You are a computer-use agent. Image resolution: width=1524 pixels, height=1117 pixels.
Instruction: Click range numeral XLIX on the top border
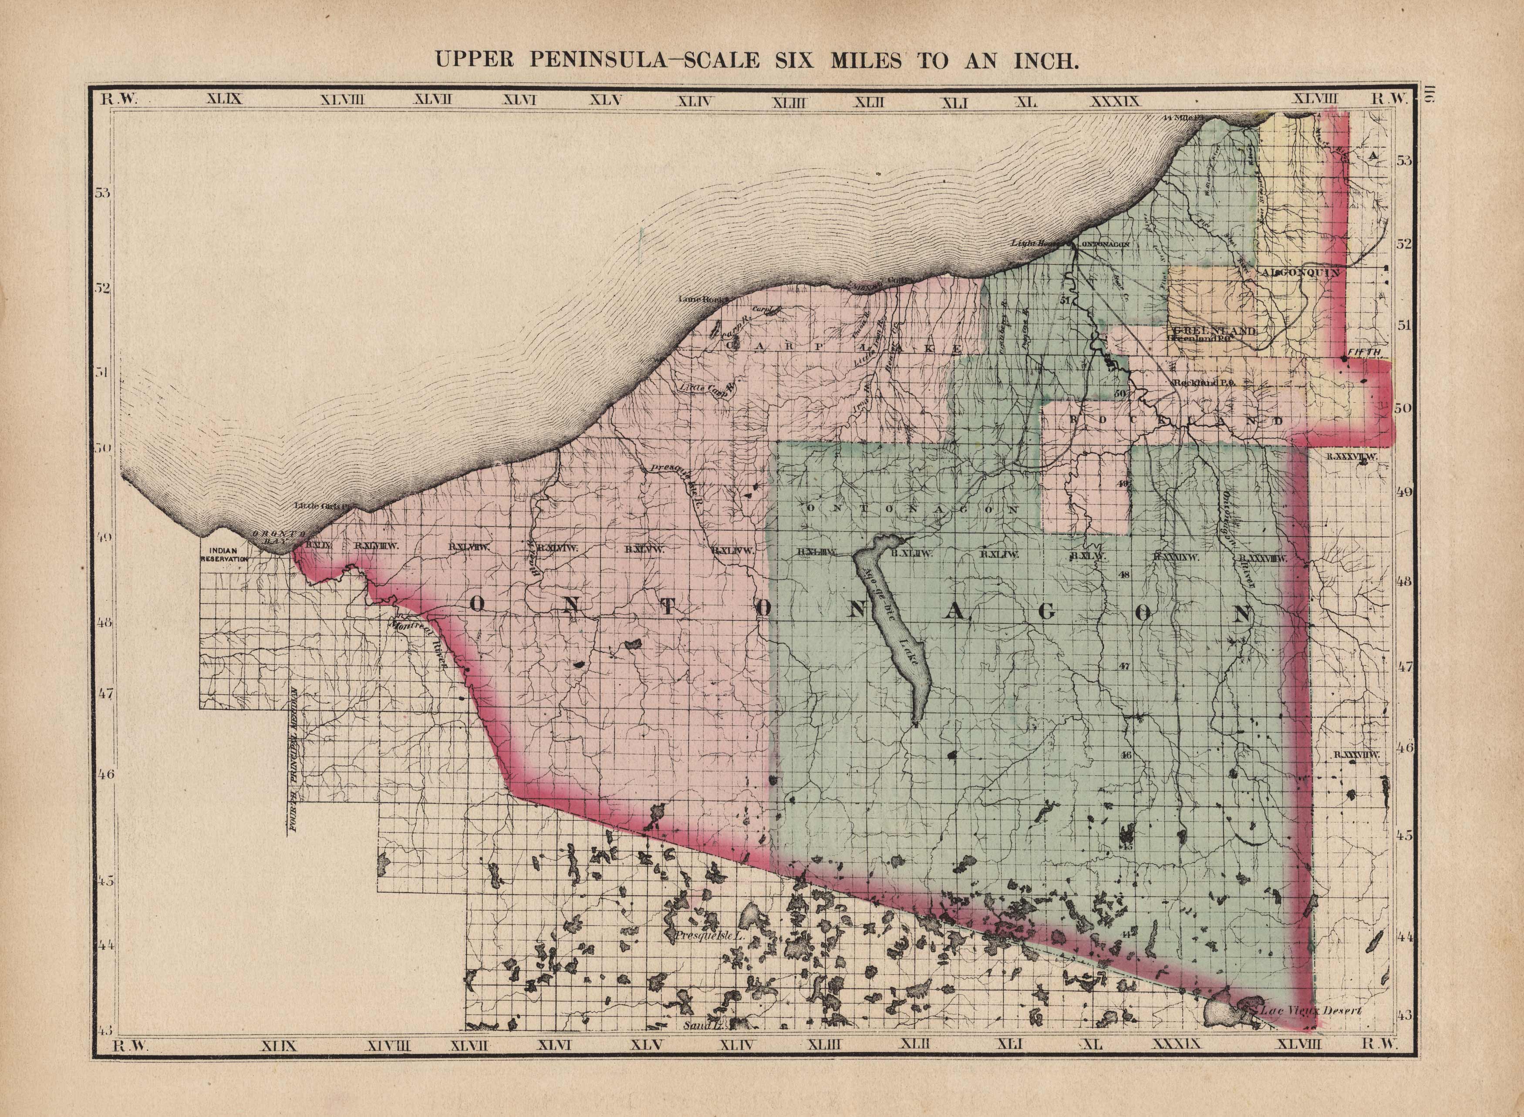click(x=223, y=100)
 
